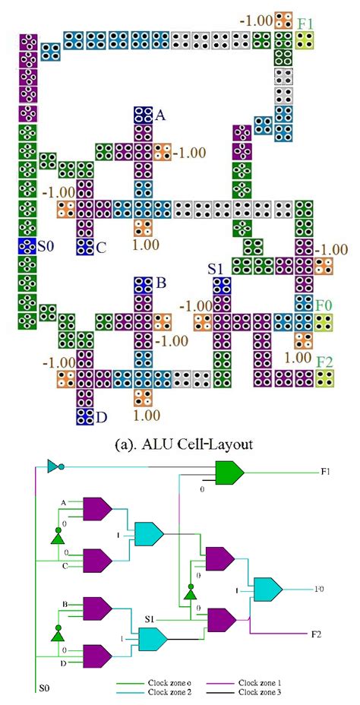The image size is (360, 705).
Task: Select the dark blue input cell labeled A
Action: pyautogui.click(x=144, y=115)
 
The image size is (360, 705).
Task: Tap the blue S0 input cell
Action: pyautogui.click(x=27, y=246)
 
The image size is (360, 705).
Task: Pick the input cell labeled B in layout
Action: pyautogui.click(x=144, y=286)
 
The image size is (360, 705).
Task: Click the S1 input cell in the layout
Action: pyautogui.click(x=223, y=286)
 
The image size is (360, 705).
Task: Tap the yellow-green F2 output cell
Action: pyautogui.click(x=324, y=378)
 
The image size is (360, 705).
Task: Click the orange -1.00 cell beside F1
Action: pyautogui.click(x=283, y=21)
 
